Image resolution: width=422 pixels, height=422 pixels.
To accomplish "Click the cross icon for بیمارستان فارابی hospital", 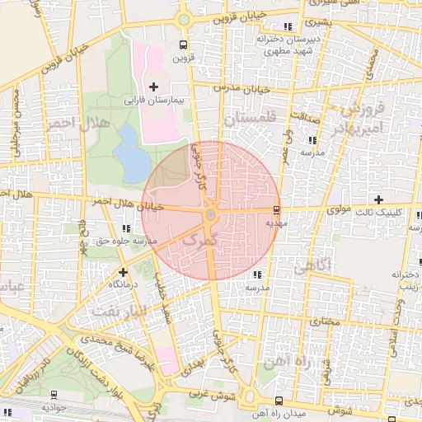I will (x=154, y=87).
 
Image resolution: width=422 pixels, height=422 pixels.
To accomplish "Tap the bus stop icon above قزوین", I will (x=181, y=45).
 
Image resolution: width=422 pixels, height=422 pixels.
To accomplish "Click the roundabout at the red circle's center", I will (x=210, y=215).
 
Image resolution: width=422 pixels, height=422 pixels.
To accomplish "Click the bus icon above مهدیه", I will (x=276, y=209).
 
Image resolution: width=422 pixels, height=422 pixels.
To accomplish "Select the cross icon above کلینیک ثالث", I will (x=378, y=199).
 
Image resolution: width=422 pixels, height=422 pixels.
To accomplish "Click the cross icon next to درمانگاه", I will (x=123, y=271).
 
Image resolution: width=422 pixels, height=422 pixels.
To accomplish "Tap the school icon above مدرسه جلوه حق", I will (x=124, y=227).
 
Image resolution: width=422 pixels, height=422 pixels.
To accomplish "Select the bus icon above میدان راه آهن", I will (x=278, y=400).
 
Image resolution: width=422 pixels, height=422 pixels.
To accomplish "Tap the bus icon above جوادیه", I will (x=54, y=395).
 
